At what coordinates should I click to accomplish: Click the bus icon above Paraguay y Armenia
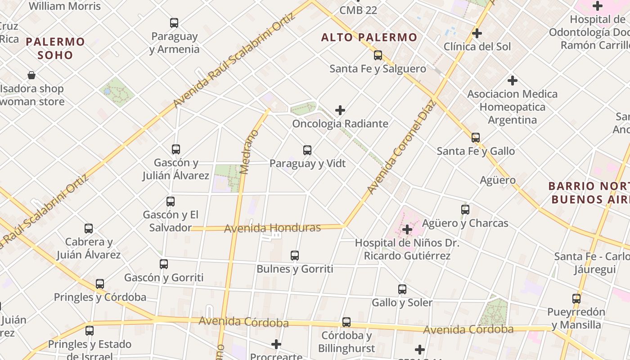174,23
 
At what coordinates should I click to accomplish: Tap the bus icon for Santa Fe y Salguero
378,55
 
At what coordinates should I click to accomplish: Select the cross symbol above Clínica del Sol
477,33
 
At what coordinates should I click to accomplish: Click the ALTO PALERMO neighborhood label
369,37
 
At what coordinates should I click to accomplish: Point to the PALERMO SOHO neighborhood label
55,49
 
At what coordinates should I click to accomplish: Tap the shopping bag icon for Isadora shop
31,75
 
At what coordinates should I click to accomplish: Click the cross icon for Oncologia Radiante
340,110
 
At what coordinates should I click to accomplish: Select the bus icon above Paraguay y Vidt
307,150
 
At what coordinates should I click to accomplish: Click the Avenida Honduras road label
272,228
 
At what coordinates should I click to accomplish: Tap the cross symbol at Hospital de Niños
407,229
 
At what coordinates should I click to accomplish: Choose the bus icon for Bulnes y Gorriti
295,256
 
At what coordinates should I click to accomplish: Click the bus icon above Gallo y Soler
402,289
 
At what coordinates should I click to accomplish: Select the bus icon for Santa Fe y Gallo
476,138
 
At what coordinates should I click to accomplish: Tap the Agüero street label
498,180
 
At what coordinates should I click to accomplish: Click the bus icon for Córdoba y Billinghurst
346,322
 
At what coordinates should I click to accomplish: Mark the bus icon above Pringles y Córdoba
100,284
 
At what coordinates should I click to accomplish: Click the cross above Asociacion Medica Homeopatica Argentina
512,81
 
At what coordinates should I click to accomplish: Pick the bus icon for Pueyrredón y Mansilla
576,298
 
